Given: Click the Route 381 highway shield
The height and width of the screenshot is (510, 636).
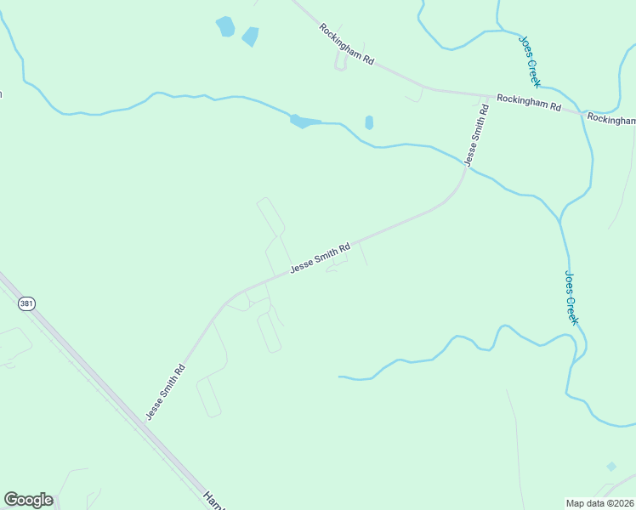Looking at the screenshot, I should pyautogui.click(x=27, y=303).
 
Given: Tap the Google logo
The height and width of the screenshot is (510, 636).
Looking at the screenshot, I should pyautogui.click(x=28, y=500).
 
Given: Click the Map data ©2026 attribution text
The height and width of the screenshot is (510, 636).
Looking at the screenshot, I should pyautogui.click(x=600, y=503).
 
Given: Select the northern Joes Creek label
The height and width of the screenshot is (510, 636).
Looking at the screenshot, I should pyautogui.click(x=530, y=60).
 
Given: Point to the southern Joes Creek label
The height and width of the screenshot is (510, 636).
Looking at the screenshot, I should pyautogui.click(x=571, y=298).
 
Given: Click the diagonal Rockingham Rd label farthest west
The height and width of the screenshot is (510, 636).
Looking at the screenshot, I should pyautogui.click(x=347, y=45).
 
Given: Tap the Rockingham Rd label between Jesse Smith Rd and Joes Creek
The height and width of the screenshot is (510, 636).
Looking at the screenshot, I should pyautogui.click(x=529, y=103).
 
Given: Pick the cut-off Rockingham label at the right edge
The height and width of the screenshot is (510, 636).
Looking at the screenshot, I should pyautogui.click(x=611, y=119).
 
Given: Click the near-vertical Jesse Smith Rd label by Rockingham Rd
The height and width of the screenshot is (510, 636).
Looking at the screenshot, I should pyautogui.click(x=476, y=134).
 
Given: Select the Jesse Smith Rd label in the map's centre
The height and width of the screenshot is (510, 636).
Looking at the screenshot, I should pyautogui.click(x=320, y=258).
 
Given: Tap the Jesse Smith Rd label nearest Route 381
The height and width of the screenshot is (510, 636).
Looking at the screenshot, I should pyautogui.click(x=166, y=393).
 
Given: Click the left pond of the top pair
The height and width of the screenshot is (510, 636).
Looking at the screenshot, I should pyautogui.click(x=225, y=26).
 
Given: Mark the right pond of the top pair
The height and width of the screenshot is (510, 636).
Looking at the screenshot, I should pyautogui.click(x=250, y=37).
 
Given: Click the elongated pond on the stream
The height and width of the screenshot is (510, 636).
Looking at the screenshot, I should pyautogui.click(x=304, y=122).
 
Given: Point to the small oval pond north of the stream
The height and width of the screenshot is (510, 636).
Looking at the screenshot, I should pyautogui.click(x=369, y=122).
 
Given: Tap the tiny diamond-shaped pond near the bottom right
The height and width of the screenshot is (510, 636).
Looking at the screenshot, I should pyautogui.click(x=611, y=467).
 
